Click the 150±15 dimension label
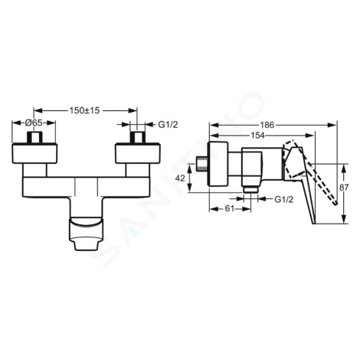(x=84, y=110)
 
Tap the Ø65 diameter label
(x=34, y=123)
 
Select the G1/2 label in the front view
(x=168, y=125)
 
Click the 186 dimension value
(x=267, y=125)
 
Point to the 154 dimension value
(x=257, y=136)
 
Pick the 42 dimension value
(x=180, y=178)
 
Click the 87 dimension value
(x=344, y=188)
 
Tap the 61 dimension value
(x=229, y=208)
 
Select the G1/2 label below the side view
(x=284, y=199)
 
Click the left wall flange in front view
(x=34, y=153)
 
